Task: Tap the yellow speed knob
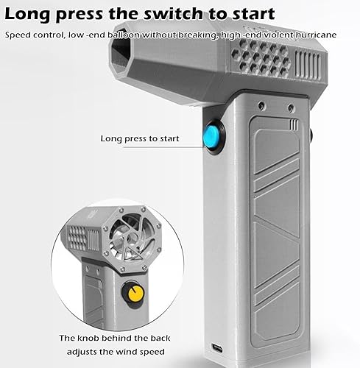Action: [133, 293]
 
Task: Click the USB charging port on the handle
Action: [217, 347]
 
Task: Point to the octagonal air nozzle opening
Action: [121, 53]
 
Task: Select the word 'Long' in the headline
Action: [27, 15]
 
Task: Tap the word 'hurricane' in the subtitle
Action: [316, 35]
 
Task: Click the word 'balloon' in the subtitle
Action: [124, 35]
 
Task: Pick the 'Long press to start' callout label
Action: [140, 138]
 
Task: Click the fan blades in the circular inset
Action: [132, 237]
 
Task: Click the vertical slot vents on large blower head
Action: [308, 65]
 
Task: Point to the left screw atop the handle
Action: [261, 105]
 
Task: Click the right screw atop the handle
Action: [291, 107]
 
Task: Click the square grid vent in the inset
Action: [77, 238]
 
